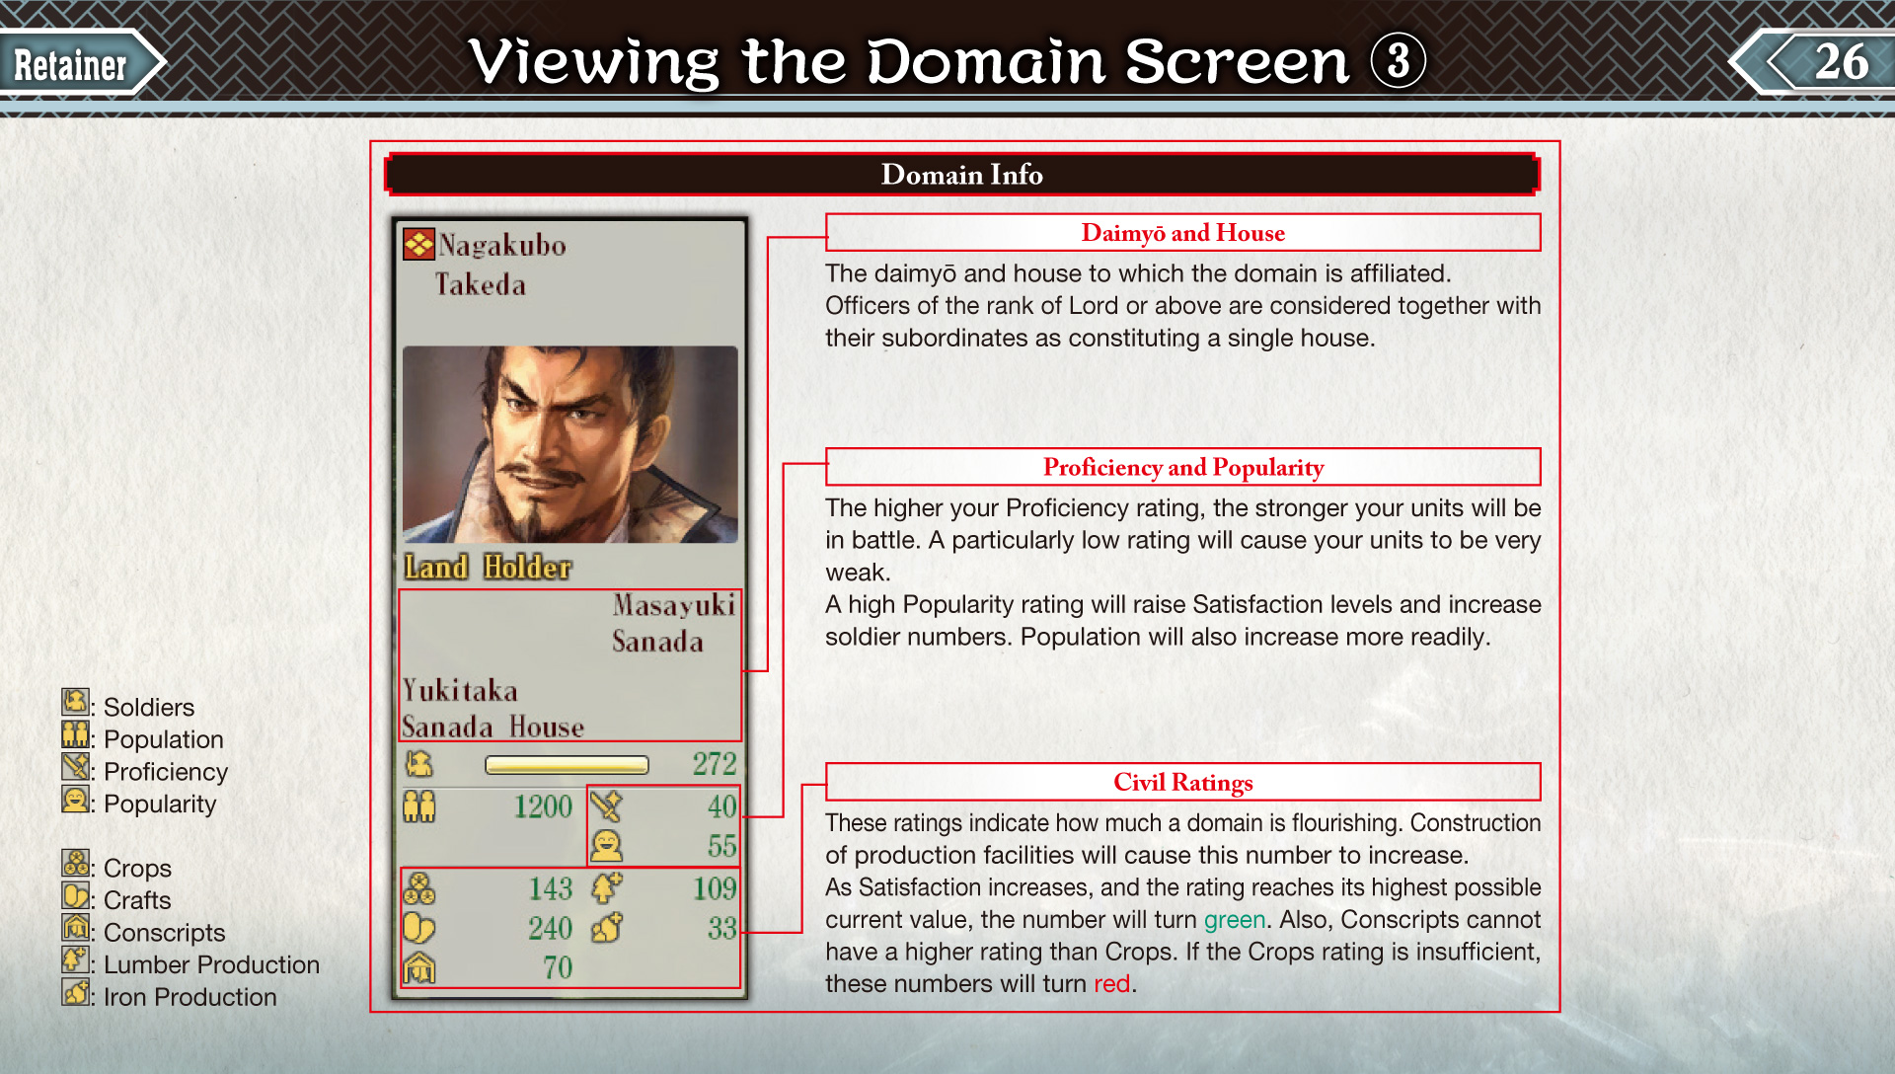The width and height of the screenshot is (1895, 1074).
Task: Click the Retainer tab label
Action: click(x=70, y=65)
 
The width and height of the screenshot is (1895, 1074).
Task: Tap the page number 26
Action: click(x=1841, y=62)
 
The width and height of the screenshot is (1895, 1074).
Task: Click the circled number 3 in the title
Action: click(x=1398, y=61)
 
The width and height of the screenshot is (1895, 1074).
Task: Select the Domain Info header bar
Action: click(x=962, y=175)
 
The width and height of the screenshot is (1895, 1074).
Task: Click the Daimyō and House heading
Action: click(x=1182, y=233)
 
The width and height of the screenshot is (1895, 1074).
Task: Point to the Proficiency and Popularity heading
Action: click(x=1182, y=467)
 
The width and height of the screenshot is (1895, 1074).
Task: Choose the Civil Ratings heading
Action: click(x=1182, y=782)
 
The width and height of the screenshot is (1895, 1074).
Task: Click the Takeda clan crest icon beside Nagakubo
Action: click(x=418, y=244)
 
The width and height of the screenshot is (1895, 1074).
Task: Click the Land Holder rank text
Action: click(x=488, y=567)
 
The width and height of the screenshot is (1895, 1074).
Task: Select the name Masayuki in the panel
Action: click(x=673, y=604)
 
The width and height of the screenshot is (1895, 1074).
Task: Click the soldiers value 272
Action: click(x=714, y=763)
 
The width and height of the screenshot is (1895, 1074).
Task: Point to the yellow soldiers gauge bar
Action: click(x=567, y=765)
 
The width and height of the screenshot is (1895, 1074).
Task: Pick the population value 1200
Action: click(x=542, y=806)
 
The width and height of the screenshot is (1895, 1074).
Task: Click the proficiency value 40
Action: click(x=721, y=806)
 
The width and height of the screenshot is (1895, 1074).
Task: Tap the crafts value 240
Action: click(x=550, y=928)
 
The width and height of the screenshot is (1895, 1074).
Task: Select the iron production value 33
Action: click(x=721, y=928)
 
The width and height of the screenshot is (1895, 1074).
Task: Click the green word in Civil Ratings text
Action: click(x=1234, y=920)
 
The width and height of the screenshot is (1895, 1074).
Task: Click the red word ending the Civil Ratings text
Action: click(x=1111, y=984)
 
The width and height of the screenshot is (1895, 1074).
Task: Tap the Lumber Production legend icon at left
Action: click(x=75, y=959)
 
